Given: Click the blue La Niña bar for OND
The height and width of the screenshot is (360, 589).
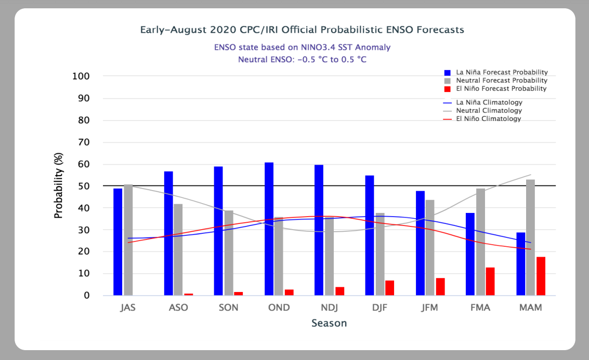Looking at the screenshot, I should click(x=269, y=229).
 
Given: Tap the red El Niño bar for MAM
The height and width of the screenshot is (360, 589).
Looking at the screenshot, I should click(x=541, y=276).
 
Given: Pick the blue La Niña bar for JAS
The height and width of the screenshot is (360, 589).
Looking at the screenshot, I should click(x=118, y=242).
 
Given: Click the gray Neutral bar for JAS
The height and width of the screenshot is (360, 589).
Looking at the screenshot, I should click(x=128, y=240).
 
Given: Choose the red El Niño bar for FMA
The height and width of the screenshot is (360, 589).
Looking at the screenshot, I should click(x=490, y=282).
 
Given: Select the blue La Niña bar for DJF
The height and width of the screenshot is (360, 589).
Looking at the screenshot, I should click(x=370, y=235).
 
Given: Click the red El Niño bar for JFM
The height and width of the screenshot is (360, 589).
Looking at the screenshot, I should click(x=440, y=287).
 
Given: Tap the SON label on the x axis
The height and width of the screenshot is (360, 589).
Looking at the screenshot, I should click(x=228, y=308).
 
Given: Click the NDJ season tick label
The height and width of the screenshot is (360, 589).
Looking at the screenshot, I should click(x=329, y=308).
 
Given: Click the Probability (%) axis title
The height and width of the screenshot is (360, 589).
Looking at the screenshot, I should click(x=58, y=185).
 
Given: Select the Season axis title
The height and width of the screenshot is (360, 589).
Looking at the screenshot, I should click(x=329, y=324).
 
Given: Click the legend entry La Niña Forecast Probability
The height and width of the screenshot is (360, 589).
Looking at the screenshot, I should click(x=501, y=72).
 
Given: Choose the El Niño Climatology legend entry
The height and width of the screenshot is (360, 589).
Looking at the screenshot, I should click(x=488, y=119).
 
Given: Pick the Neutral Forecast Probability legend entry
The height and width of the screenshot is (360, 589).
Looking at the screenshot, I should click(x=501, y=81).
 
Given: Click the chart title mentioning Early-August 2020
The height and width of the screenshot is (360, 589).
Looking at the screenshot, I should click(x=302, y=30).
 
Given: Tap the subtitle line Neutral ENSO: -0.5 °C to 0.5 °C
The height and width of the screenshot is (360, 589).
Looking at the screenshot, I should click(x=302, y=59).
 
